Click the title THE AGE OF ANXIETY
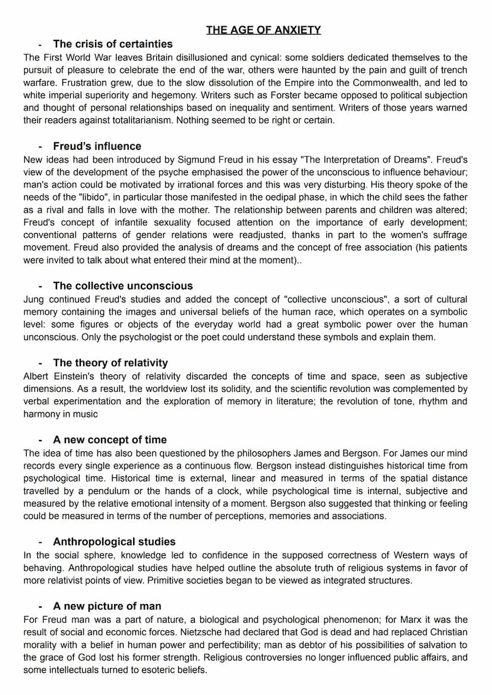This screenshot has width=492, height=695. coord(263,30)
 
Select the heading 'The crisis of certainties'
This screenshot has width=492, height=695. coord(112,44)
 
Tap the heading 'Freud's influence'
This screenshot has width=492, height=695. coord(97,146)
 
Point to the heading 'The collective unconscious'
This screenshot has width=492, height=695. coord(122,286)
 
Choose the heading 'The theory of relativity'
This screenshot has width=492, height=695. coord(110,363)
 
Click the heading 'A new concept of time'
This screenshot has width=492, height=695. coord(109,440)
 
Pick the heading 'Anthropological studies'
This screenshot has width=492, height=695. coord(114,542)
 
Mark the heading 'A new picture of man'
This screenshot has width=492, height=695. coord(107,606)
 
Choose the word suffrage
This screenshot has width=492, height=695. coord(448,235)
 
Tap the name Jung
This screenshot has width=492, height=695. coord(33,299)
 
